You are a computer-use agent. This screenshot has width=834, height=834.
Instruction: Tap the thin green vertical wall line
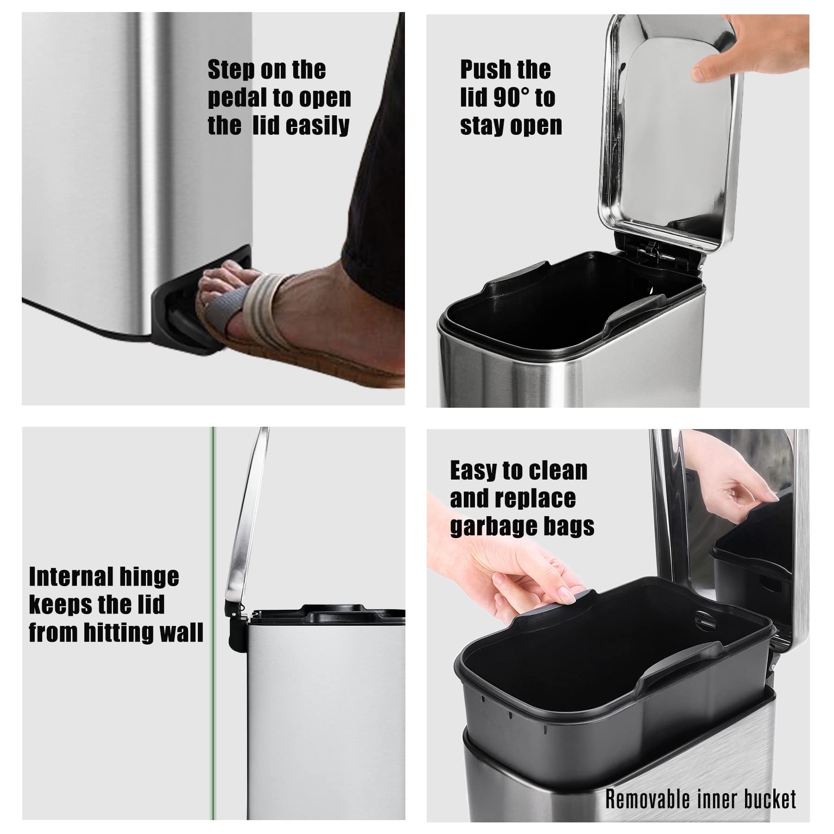coord(213,602)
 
